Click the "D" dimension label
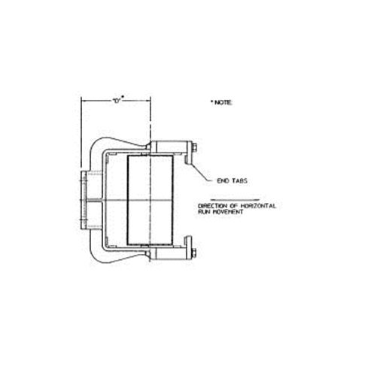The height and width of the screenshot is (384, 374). pyautogui.click(x=117, y=100)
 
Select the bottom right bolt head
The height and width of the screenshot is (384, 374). pyautogui.click(x=193, y=253)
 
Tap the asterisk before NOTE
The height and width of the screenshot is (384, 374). pyautogui.click(x=212, y=100)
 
